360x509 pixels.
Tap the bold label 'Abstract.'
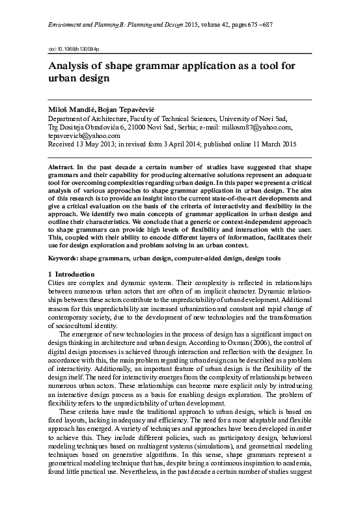point(64,167)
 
